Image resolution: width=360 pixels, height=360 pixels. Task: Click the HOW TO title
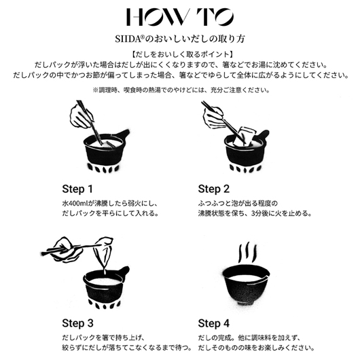pos(180,17)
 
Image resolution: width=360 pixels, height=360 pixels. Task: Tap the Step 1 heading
pos(77,190)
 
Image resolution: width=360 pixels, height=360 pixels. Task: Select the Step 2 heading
pos(214,190)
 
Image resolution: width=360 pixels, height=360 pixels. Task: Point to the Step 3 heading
pos(77,323)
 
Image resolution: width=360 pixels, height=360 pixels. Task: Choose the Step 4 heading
pos(214,323)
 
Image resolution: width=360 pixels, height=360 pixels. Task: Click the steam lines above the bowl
pos(247,252)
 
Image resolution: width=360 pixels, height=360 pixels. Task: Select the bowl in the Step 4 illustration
pos(246,285)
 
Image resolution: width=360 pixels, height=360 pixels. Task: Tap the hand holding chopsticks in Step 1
pos(81,115)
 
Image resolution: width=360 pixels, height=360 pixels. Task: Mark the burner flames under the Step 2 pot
pos(244,169)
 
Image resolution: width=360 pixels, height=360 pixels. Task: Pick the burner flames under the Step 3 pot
pos(105,304)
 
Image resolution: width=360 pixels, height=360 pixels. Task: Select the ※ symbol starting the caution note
pos(95,90)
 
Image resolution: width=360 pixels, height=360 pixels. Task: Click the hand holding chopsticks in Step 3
pos(65,250)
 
